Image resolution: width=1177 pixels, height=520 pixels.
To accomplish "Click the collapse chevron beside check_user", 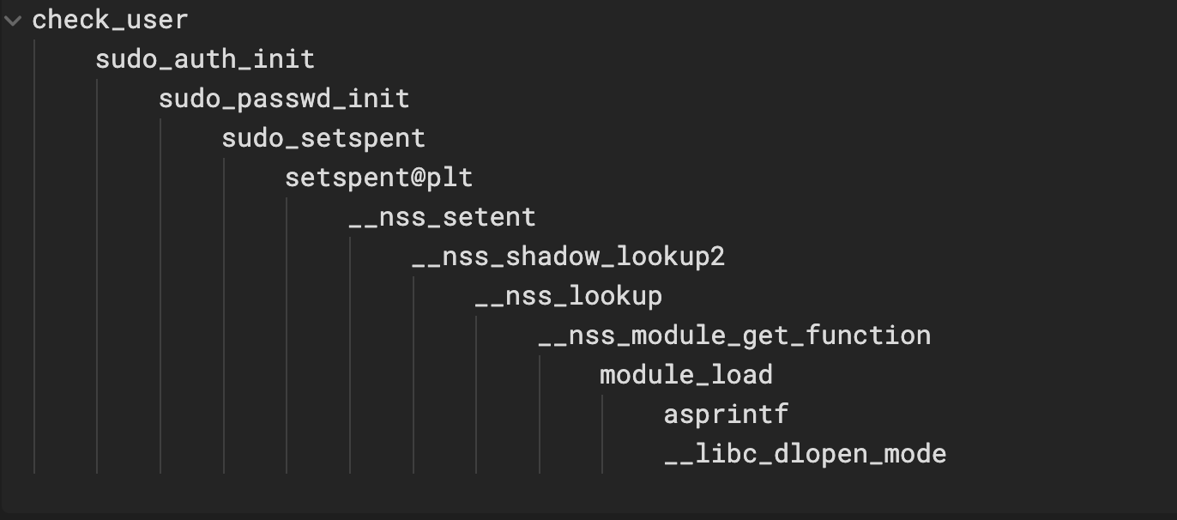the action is (13, 21).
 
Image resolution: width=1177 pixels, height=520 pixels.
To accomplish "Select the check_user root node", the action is (110, 20).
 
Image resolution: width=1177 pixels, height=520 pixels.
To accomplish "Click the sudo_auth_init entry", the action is (205, 59).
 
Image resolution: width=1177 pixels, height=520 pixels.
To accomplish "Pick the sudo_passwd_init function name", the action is (284, 99).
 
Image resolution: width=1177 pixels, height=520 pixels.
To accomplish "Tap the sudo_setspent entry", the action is (323, 138).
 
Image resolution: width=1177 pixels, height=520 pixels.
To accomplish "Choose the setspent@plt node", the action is (378, 178).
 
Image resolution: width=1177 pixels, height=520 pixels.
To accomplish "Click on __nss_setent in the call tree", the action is (442, 217).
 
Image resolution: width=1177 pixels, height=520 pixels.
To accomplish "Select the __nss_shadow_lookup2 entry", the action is (568, 257).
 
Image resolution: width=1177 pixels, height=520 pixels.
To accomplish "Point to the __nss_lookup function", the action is (568, 296).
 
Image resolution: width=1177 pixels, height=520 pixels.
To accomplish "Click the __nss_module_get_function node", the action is (734, 336).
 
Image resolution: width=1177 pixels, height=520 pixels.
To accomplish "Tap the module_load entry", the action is (685, 375).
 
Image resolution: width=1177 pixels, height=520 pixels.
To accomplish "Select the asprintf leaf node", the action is (726, 414).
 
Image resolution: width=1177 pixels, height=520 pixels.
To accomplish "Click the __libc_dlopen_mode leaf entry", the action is (805, 454).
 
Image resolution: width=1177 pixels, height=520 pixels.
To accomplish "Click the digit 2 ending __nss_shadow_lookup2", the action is (718, 257).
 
